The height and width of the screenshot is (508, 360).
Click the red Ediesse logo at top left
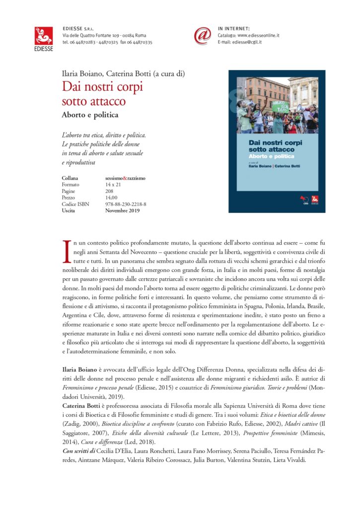[x=44, y=36]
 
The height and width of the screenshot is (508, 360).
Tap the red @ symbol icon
[x=203, y=36]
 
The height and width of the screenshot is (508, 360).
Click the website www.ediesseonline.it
[x=258, y=36]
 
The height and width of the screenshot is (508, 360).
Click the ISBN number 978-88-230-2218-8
[x=126, y=204]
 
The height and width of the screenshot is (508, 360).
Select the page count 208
[x=110, y=190]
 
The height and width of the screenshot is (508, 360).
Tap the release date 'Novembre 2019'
[x=122, y=210]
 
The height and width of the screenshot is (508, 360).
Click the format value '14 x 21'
[x=113, y=184]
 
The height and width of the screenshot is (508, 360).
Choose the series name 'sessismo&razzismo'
[x=125, y=178]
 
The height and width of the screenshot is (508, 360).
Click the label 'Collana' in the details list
[x=71, y=178]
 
